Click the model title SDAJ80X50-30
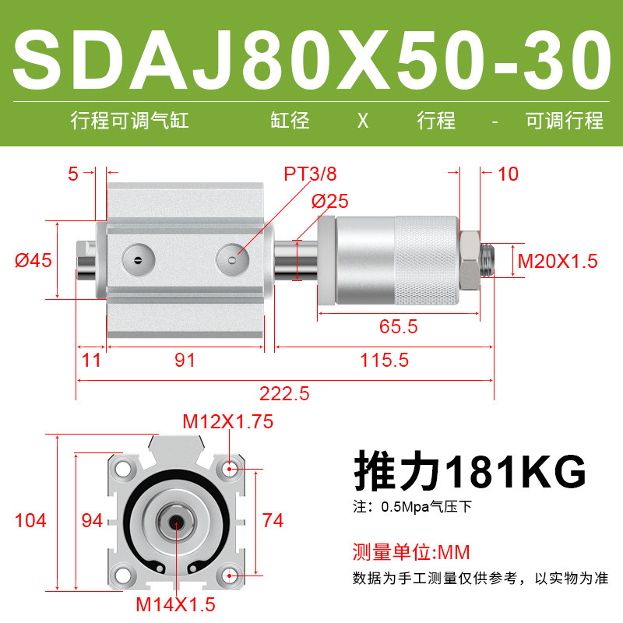pos(312,60)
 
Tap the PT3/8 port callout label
pos(310,174)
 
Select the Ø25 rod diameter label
pos(329,201)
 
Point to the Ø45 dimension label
pos(33,261)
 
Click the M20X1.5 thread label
pos(558,261)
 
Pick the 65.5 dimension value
pos(398,326)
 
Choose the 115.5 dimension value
pos(384,361)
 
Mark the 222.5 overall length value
pos(284,394)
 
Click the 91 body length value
pos(185,361)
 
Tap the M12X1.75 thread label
pos(228,421)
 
